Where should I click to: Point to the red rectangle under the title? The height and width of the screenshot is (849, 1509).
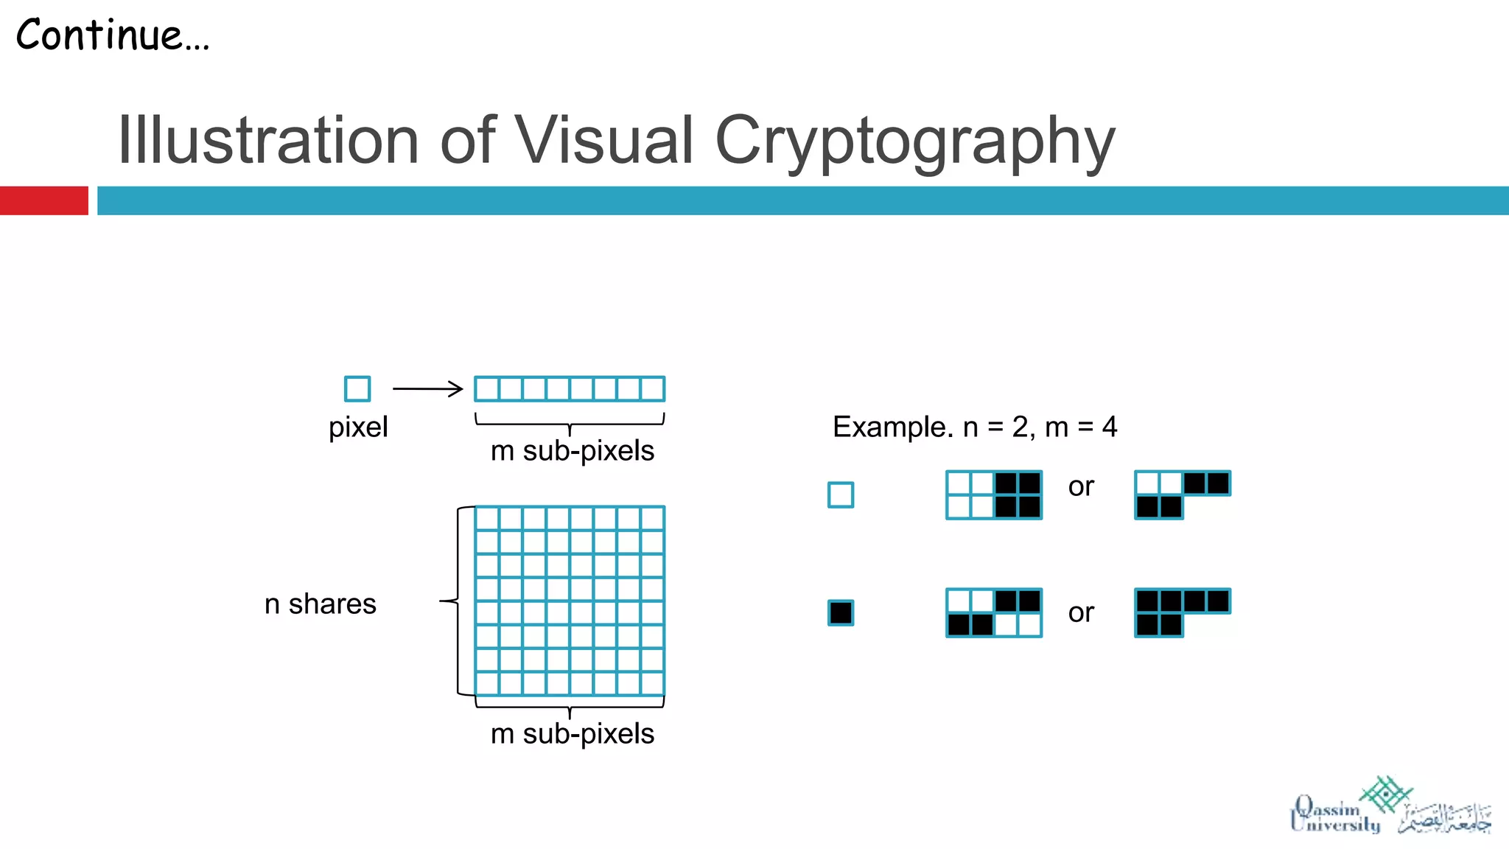[x=43, y=200]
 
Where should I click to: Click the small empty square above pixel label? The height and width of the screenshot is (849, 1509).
[x=357, y=388]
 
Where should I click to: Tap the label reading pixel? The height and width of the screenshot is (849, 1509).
[x=358, y=427]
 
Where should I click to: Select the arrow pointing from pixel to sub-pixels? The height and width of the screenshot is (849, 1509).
[x=427, y=388]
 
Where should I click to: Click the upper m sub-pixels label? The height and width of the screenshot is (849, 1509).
[x=573, y=450]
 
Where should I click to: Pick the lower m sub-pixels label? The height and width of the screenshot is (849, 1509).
[x=573, y=733]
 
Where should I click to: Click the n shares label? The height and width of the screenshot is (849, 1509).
[x=320, y=604]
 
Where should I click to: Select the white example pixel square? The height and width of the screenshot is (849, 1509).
[x=841, y=495]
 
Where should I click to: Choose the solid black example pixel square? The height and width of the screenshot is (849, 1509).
[x=841, y=612]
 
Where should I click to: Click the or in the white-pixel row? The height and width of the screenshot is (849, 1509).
[x=1081, y=486]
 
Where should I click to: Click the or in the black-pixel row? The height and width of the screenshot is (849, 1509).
[x=1081, y=612]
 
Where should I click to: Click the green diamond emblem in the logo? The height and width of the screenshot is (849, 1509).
[x=1386, y=794]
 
